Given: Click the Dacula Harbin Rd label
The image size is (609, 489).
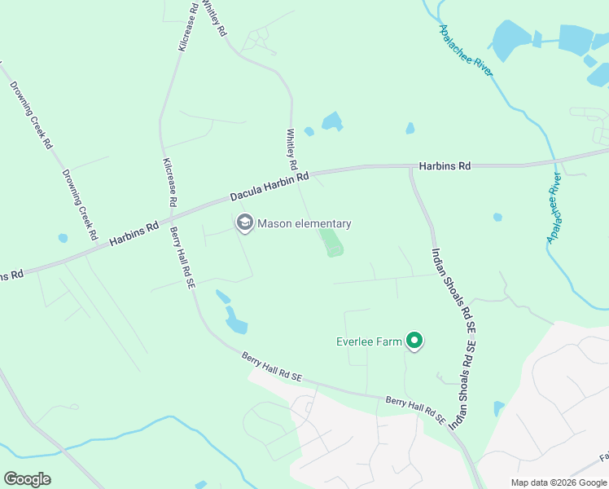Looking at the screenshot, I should tap(269, 187).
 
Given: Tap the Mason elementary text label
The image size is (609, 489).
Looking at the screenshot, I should tap(304, 223).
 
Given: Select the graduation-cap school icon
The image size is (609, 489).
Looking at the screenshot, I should tap(244, 222).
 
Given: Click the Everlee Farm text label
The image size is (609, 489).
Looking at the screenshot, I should tap(369, 341).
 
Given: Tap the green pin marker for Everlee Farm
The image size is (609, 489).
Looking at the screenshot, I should tap(414, 341).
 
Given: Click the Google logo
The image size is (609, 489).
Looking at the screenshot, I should tap(27, 479).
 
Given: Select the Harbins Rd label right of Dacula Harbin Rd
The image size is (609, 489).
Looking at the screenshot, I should tap(445, 166).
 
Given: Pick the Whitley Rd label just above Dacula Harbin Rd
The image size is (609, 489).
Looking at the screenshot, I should tap(291, 147).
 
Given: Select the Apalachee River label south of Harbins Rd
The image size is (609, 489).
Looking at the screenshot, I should tap(555, 208).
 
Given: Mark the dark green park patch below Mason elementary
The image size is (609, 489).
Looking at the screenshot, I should tap(331, 242).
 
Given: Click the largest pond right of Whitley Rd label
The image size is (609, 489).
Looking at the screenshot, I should tap(331, 122).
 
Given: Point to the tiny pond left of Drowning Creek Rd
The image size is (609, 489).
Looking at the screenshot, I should tap(63, 238).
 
